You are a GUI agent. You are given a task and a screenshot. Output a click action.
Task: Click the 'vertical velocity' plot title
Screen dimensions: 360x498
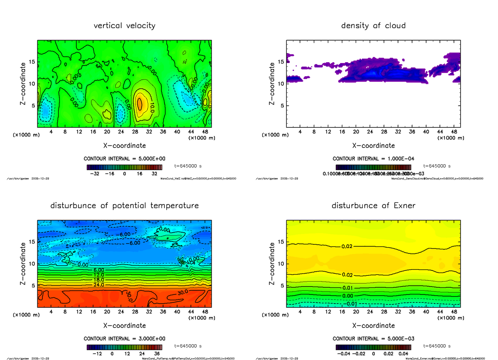pyautogui.click(x=124, y=26)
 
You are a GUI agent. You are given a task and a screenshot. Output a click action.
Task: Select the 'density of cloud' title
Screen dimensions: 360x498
pyautogui.click(x=373, y=26)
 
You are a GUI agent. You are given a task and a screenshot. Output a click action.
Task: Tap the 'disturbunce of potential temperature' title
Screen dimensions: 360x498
pyautogui.click(x=124, y=206)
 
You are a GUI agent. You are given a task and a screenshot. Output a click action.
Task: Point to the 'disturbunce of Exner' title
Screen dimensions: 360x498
pyautogui.click(x=373, y=206)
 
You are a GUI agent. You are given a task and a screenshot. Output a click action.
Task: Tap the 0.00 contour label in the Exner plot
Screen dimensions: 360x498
pyautogui.click(x=348, y=296)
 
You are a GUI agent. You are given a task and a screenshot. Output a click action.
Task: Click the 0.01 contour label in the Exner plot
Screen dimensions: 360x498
pyautogui.click(x=348, y=288)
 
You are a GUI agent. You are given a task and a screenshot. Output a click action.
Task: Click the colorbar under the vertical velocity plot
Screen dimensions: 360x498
pyautogui.click(x=124, y=167)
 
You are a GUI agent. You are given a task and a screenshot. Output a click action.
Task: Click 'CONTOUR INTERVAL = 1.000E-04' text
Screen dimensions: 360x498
pyautogui.click(x=373, y=159)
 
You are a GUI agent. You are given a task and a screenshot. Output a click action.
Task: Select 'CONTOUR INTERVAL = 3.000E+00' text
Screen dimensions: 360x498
pyautogui.click(x=124, y=338)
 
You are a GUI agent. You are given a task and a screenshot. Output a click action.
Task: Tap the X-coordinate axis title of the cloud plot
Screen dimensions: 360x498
pyautogui.click(x=373, y=146)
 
